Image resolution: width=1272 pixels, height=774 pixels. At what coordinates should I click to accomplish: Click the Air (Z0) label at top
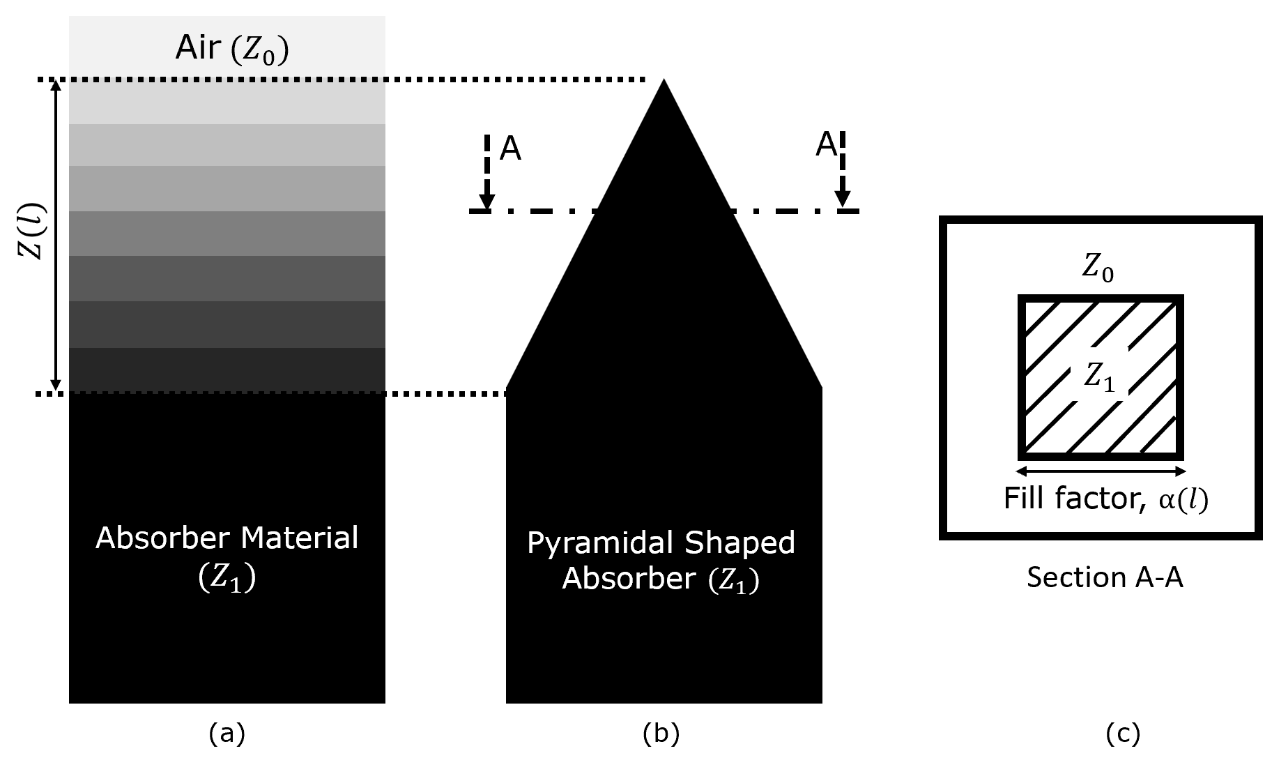[x=231, y=50]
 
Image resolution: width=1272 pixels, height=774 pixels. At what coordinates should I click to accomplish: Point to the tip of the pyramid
[x=664, y=82]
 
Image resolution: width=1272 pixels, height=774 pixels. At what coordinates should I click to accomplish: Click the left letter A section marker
[x=511, y=149]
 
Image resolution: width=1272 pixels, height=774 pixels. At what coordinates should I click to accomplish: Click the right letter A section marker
[x=826, y=145]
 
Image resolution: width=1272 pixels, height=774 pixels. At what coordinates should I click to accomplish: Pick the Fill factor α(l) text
[x=1105, y=499]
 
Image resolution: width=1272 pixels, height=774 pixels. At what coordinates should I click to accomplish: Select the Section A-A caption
[x=1105, y=578]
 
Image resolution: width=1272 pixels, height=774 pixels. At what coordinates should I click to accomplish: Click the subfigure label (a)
[x=227, y=734]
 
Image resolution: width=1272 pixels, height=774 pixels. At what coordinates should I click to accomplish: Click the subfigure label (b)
[x=661, y=734]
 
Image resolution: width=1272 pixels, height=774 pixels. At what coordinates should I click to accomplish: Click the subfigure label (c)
[x=1123, y=734]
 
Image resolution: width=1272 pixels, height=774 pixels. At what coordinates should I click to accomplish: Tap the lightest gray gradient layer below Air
[x=227, y=102]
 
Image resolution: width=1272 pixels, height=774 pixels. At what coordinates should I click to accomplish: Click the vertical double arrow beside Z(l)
[x=57, y=237]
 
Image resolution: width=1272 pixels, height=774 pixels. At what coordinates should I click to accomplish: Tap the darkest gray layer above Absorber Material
[x=227, y=370]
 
